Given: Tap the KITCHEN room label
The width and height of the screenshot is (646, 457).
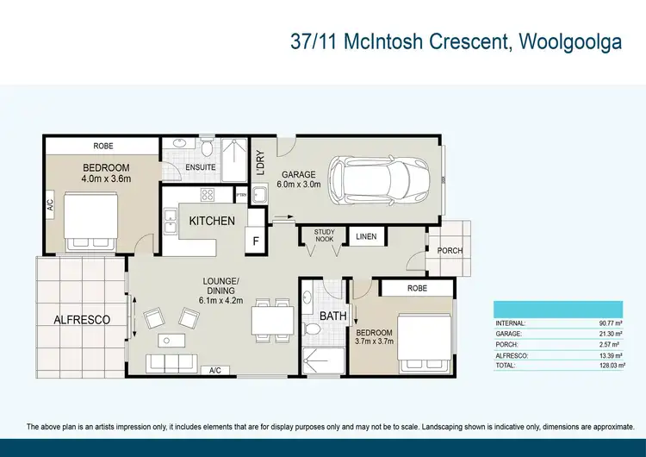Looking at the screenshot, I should click(212, 222).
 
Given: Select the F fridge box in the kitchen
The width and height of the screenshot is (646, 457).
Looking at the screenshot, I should click(256, 241).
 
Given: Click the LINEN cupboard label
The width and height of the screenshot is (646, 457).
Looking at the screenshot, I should click(366, 235).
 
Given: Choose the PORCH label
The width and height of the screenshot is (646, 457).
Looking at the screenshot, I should click(450, 251).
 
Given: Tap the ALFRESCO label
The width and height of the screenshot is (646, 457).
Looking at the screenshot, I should click(83, 320).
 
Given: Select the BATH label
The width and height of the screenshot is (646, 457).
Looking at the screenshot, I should click(333, 316).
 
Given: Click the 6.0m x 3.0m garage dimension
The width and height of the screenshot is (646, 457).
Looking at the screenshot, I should click(298, 184).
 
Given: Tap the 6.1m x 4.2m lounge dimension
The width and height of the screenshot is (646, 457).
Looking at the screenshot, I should click(197, 300).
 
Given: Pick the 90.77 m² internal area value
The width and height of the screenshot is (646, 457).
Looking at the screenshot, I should click(612, 323).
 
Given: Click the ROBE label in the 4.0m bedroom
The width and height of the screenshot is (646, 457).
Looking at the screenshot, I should click(102, 146).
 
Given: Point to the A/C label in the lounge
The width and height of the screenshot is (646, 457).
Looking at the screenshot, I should click(214, 370).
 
